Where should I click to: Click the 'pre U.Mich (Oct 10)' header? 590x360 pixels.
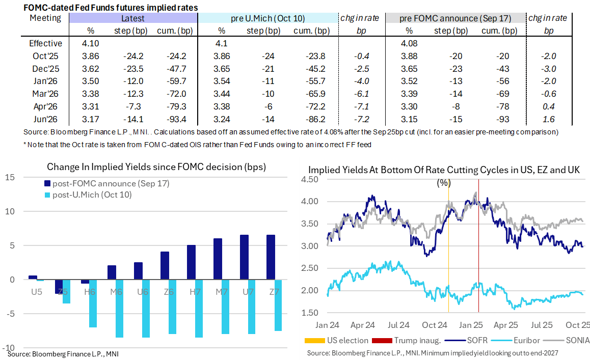coord(268,18)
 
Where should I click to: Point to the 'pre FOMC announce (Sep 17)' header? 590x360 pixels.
coord(455,18)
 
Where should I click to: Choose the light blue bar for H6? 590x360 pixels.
coord(93,303)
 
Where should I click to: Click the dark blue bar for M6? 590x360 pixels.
coord(112,272)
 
